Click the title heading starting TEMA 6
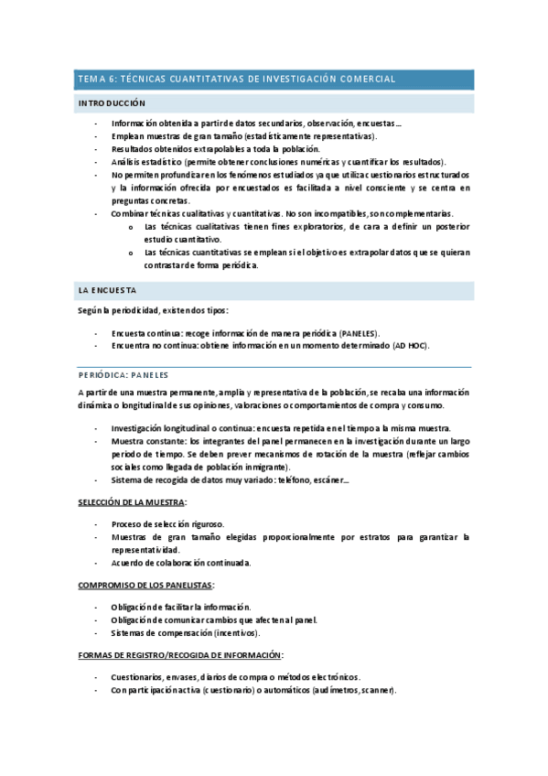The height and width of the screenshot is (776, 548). pyautogui.click(x=236, y=80)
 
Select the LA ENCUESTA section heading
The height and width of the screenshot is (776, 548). pyautogui.click(x=106, y=290)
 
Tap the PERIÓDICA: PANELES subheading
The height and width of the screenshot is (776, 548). pyautogui.click(x=124, y=374)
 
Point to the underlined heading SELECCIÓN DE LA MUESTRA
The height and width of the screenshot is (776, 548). pyautogui.click(x=132, y=502)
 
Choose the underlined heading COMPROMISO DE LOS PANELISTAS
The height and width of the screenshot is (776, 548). pyautogui.click(x=146, y=585)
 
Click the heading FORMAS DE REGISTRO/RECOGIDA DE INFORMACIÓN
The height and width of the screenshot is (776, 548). pyautogui.click(x=180, y=655)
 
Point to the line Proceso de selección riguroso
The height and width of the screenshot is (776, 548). pyautogui.click(x=167, y=523)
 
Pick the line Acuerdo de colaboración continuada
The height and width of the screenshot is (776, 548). pyautogui.click(x=181, y=563)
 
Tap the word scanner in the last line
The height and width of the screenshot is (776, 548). pyautogui.click(x=374, y=689)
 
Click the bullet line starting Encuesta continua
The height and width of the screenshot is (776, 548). pyautogui.click(x=246, y=332)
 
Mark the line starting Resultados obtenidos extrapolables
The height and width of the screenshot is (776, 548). pyautogui.click(x=216, y=148)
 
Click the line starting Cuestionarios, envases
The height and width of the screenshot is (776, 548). pyautogui.click(x=236, y=676)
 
